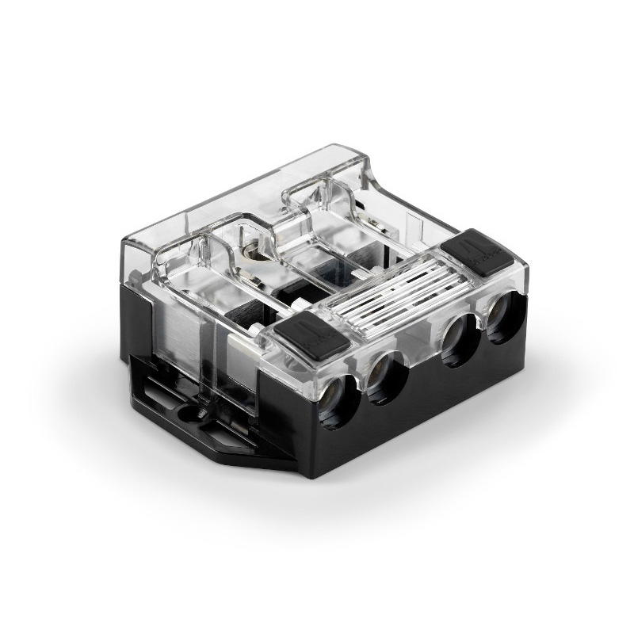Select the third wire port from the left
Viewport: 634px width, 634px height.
[x=458, y=339]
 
